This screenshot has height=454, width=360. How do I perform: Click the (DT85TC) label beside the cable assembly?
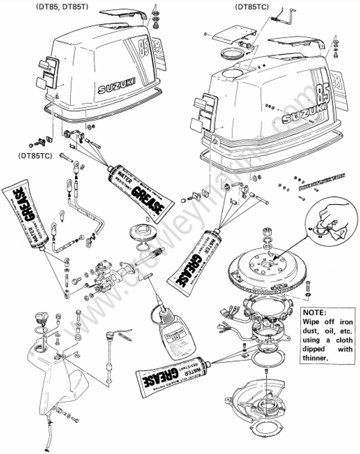34,156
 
